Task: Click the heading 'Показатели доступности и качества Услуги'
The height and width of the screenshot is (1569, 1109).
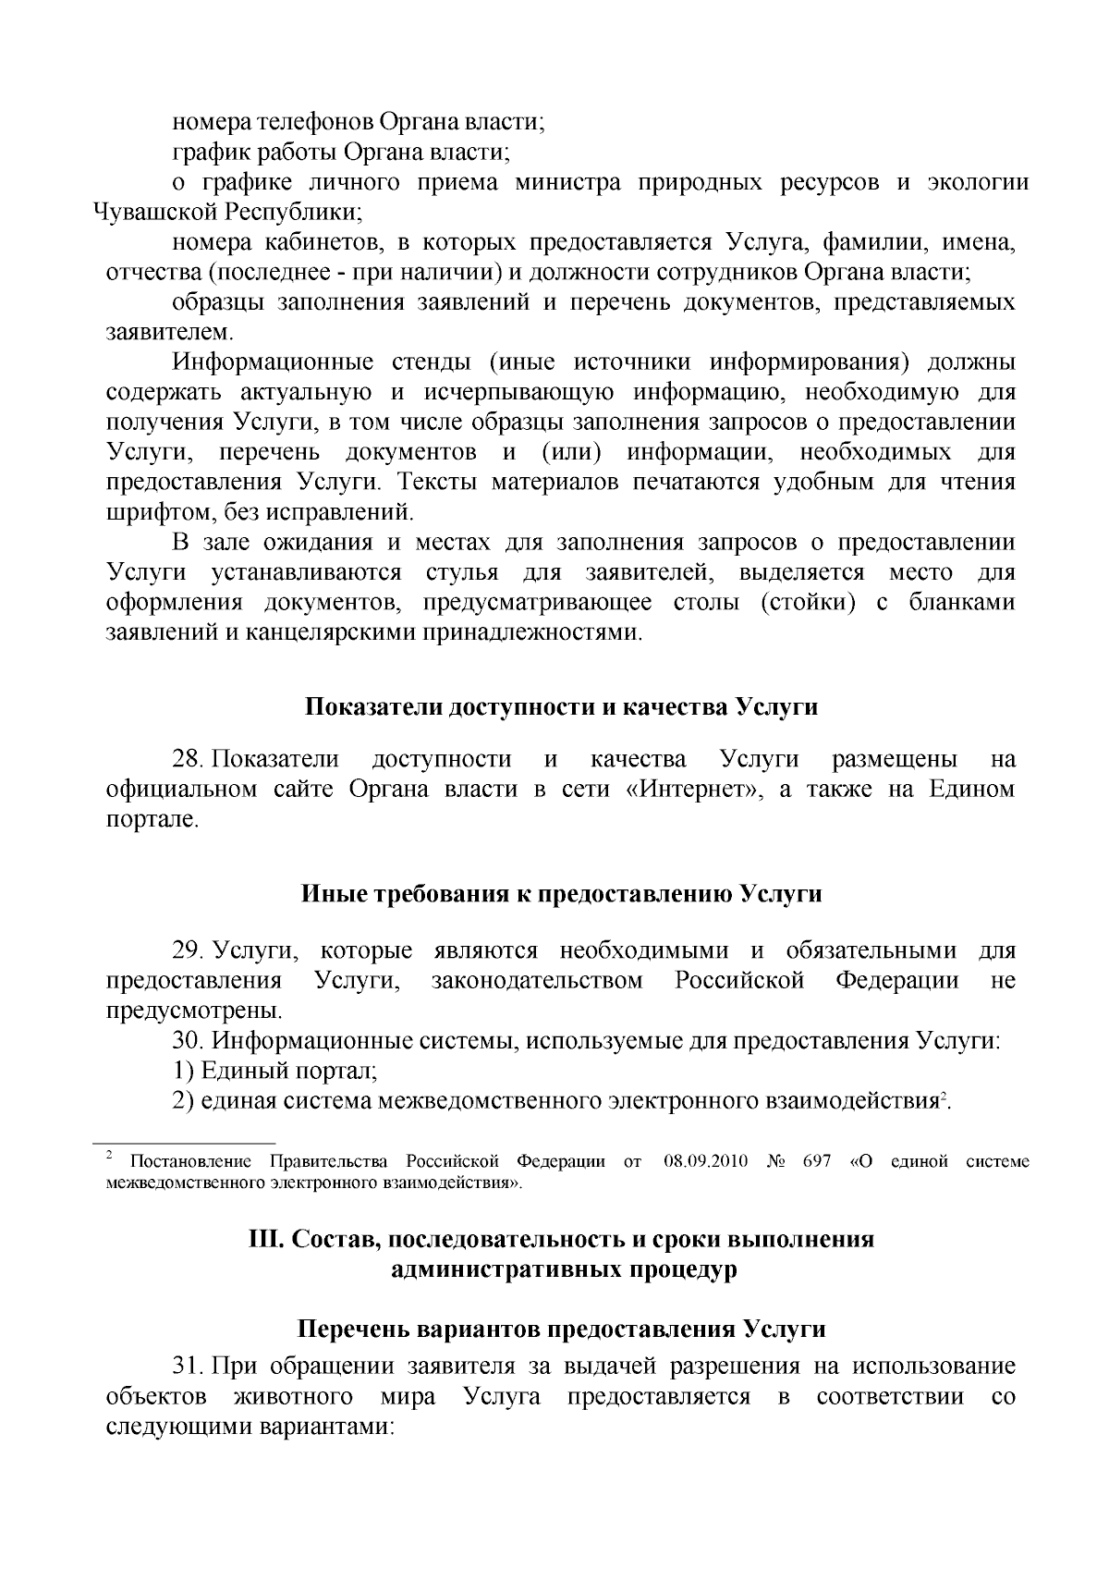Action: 561,707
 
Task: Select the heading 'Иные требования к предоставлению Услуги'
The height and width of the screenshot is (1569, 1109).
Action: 561,895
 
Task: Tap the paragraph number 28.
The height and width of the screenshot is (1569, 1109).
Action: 188,760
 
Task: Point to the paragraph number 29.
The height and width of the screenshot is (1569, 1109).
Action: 188,950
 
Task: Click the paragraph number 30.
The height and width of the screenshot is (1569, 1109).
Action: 188,1040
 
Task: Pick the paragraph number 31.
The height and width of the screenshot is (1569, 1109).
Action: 188,1367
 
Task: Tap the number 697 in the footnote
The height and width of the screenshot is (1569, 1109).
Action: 817,1162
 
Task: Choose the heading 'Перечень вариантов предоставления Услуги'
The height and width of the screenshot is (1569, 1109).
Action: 561,1330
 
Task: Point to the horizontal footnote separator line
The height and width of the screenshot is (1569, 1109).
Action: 191,1144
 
